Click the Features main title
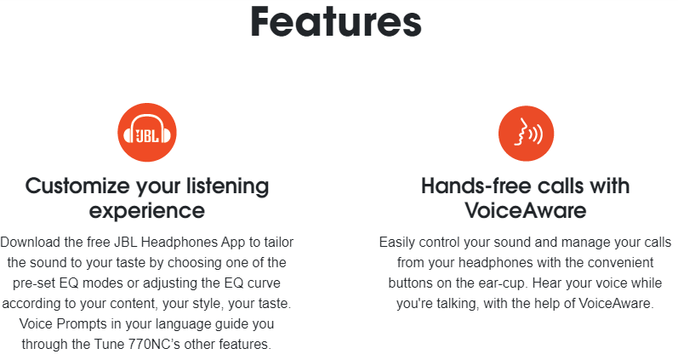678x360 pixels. pos(336,21)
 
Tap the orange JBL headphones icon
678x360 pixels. pos(147,133)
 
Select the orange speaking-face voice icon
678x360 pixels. pos(527,134)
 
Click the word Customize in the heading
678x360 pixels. pos(77,186)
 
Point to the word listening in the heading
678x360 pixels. pos(227,186)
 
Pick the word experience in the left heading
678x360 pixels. pos(147,212)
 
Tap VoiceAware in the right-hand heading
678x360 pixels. pos(526,211)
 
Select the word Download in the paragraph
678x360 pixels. pos(31,243)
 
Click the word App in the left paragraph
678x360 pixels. pos(233,243)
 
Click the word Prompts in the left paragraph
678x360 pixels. pos(82,323)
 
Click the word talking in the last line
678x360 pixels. pos(458,304)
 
